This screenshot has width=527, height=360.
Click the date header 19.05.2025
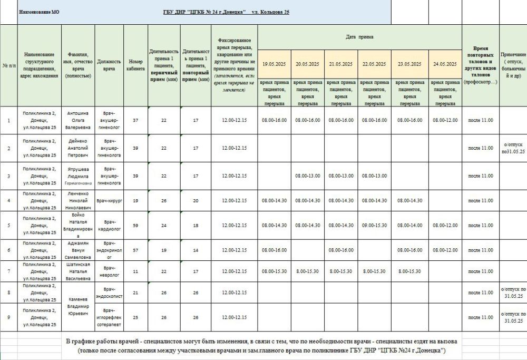click(x=274, y=64)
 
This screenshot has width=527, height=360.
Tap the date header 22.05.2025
click(x=374, y=64)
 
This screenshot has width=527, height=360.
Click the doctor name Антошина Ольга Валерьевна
click(x=79, y=120)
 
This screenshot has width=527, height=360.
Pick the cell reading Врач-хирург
click(x=109, y=200)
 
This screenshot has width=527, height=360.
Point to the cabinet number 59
click(x=135, y=225)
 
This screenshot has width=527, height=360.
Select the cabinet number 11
click(x=135, y=271)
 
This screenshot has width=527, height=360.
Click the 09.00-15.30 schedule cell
click(x=374, y=225)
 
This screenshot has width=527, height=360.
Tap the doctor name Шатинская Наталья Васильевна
click(x=79, y=271)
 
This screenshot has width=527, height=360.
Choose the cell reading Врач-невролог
click(x=109, y=271)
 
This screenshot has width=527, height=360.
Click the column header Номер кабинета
click(x=135, y=65)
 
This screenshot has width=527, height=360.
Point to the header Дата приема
click(x=359, y=37)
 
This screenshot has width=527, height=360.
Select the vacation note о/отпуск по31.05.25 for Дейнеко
click(x=513, y=148)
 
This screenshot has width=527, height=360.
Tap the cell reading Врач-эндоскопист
click(x=109, y=293)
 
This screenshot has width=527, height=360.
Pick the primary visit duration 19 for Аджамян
click(x=164, y=250)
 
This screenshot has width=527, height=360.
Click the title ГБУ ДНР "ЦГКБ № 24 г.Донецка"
click(x=207, y=12)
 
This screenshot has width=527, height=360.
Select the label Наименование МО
click(x=39, y=12)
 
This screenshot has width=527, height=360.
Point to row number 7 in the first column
click(x=8, y=271)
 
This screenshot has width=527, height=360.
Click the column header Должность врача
click(x=109, y=65)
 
